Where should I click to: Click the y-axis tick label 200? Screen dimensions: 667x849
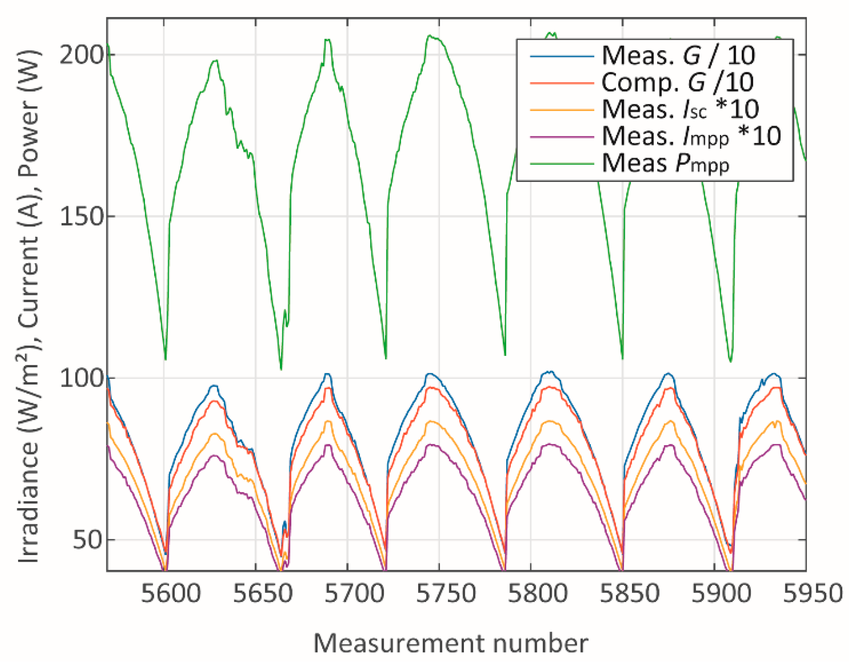[x=81, y=55]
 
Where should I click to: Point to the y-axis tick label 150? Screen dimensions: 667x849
[x=81, y=217]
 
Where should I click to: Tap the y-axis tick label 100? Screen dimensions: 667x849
[x=81, y=379]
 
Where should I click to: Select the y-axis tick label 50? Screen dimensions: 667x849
[x=88, y=540]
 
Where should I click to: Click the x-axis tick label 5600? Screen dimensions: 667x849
[x=171, y=594]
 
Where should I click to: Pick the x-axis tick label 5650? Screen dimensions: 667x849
[x=263, y=594]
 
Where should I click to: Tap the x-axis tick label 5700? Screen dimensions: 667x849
[x=355, y=594]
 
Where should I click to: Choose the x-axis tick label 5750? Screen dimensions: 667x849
[x=446, y=594]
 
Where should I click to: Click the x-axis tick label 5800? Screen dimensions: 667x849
[x=538, y=594]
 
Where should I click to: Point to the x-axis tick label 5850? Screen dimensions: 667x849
[x=629, y=594]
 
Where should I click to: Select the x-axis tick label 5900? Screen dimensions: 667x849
[x=721, y=594]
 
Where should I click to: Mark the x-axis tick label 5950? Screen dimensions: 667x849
[x=813, y=594]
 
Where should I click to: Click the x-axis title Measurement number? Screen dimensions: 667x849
[x=450, y=643]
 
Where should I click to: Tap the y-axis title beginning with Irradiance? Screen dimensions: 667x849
[x=29, y=306]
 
